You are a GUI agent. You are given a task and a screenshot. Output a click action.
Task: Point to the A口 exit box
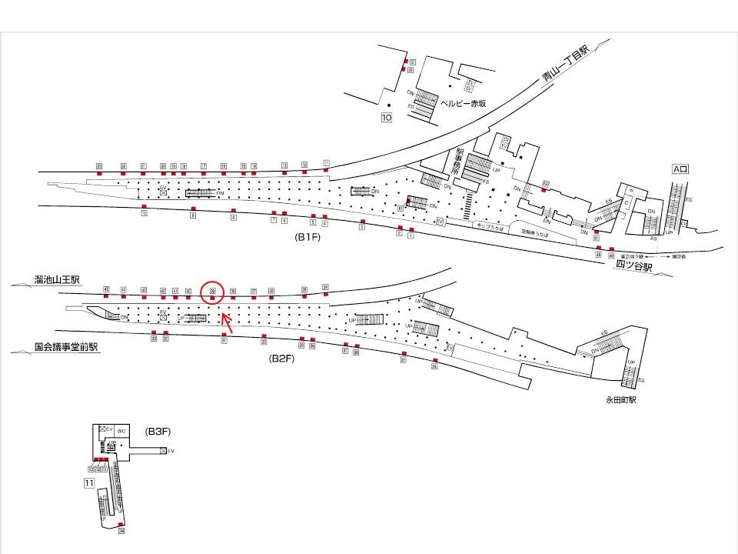coord(680,169)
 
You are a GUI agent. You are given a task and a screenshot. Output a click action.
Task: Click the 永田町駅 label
coord(621,400)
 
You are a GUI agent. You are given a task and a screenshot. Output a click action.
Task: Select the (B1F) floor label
coord(307,238)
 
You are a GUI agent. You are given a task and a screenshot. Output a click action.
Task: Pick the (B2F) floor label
coord(281,359)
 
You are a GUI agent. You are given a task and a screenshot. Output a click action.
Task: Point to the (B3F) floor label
coord(158,432)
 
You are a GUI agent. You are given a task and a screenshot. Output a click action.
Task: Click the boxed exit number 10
coord(386,118)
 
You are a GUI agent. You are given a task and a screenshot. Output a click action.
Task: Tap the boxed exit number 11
coord(89,483)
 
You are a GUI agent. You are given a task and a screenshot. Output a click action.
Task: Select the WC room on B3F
coord(121,431)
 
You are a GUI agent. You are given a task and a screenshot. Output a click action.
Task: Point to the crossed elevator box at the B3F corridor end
coord(163,451)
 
